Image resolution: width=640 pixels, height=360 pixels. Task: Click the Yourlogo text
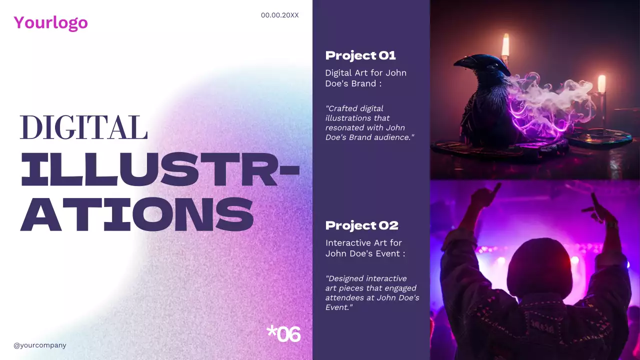pyautogui.click(x=50, y=22)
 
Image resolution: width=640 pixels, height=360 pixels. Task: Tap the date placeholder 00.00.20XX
pyautogui.click(x=279, y=15)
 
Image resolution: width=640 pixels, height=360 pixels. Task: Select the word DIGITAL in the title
pyautogui.click(x=83, y=127)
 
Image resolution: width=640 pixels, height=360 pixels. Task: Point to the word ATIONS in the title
pyautogui.click(x=136, y=213)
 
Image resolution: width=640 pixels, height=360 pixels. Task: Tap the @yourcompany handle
pyautogui.click(x=40, y=345)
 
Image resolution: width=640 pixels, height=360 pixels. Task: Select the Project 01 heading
pyautogui.click(x=360, y=55)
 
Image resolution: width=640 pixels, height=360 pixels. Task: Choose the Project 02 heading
pyautogui.click(x=361, y=225)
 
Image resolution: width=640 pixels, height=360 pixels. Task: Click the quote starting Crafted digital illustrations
pyautogui.click(x=370, y=122)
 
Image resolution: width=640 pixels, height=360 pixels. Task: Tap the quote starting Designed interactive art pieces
pyautogui.click(x=372, y=292)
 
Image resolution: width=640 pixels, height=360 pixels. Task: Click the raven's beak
pyautogui.click(x=465, y=62)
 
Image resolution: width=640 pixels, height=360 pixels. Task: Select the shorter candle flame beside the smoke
pyautogui.click(x=601, y=83)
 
